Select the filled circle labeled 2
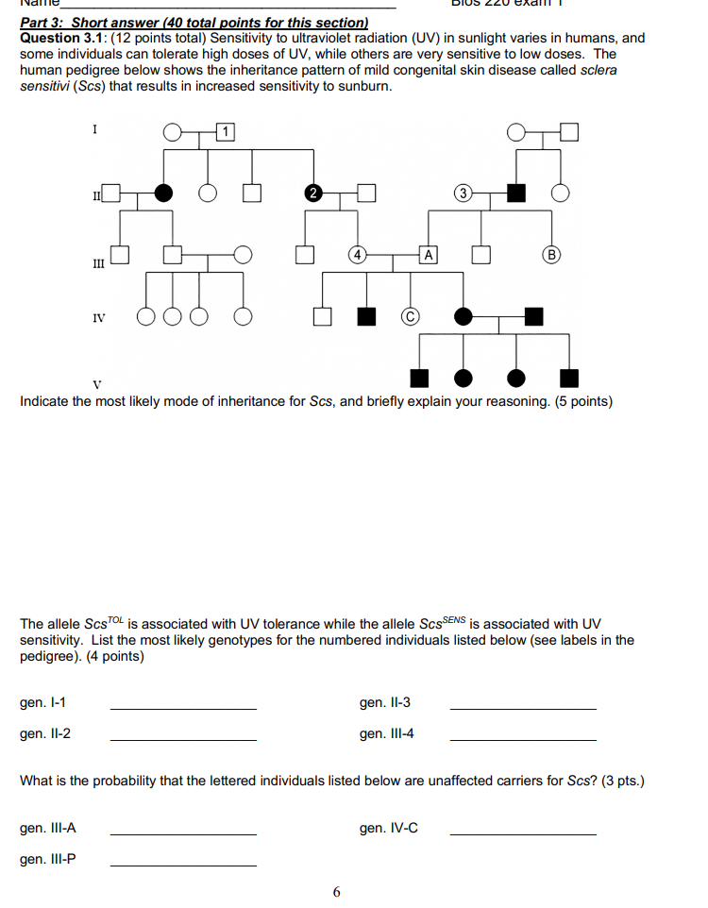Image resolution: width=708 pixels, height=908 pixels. point(312,193)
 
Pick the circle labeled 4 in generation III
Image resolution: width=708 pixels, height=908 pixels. point(356,254)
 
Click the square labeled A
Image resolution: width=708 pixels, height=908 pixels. point(429,254)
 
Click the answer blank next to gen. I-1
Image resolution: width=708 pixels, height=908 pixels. point(183,707)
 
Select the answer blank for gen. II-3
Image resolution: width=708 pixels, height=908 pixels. point(523,707)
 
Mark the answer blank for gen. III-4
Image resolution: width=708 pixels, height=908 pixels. point(523,738)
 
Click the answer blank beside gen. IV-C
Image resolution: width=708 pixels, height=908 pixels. point(523,832)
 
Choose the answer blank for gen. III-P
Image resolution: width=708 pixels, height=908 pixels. point(183,865)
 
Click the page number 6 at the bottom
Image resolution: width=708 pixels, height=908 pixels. point(337,891)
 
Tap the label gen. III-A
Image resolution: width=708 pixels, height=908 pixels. point(48,828)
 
